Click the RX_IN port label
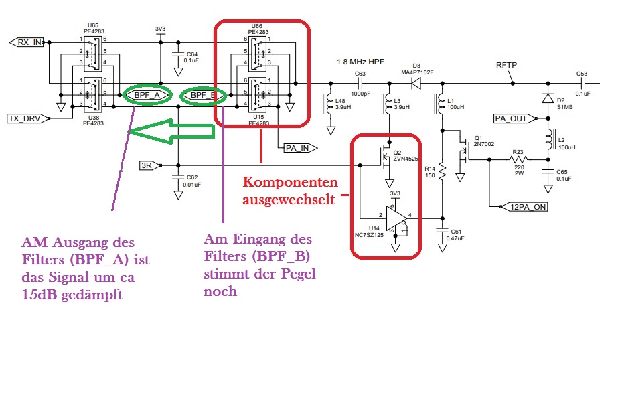click(x=29, y=42)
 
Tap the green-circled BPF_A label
click(x=147, y=96)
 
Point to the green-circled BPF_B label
click(x=202, y=96)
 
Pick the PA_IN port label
click(x=297, y=147)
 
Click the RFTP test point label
click(x=506, y=65)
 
